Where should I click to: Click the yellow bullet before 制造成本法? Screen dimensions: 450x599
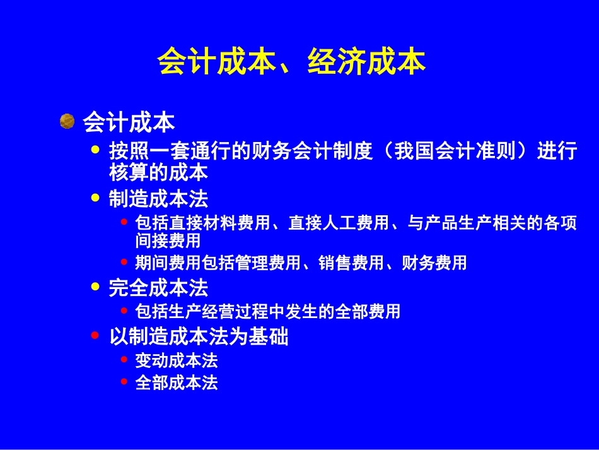pos(96,198)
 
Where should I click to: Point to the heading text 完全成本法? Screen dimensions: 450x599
pos(158,288)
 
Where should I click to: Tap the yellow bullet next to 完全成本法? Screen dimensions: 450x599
pos(96,287)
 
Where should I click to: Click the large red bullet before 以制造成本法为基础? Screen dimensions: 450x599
pos(95,336)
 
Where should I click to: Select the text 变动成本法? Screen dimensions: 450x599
pos(177,360)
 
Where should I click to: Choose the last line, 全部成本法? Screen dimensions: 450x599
pos(177,383)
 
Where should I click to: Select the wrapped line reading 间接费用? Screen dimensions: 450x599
pos(168,240)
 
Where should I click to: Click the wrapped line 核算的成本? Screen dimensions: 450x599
pos(158,172)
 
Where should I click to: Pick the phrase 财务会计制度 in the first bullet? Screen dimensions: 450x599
pos(313,151)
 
